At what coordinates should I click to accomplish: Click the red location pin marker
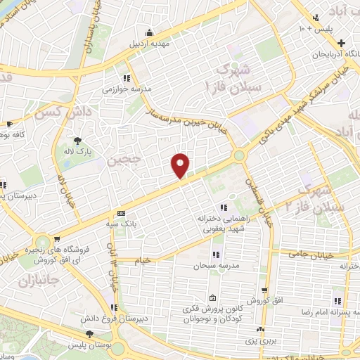pyautogui.click(x=181, y=165)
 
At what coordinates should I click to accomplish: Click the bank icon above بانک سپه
pyautogui.click(x=121, y=213)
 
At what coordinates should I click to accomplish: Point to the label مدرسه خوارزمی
pyautogui.click(x=123, y=89)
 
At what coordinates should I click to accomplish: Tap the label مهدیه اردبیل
pyautogui.click(x=149, y=44)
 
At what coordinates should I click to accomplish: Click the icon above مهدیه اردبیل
pyautogui.click(x=149, y=32)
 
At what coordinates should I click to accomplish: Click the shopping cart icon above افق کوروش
pyautogui.click(x=264, y=290)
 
